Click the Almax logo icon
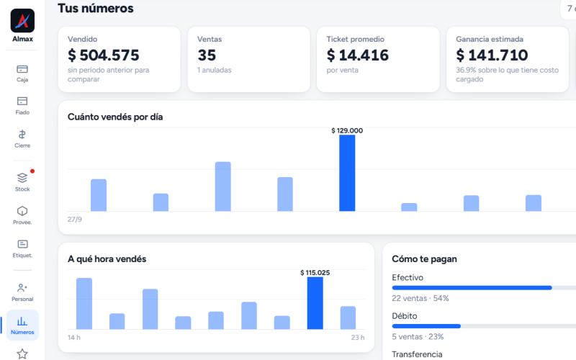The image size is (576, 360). [x=22, y=21]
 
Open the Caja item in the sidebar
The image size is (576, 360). [x=22, y=73]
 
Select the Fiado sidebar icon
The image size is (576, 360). [x=22, y=105]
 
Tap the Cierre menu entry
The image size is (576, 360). [x=22, y=139]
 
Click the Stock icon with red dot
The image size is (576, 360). [x=22, y=181]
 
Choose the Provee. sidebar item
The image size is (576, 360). [x=22, y=215]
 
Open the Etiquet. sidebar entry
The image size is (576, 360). [x=22, y=248]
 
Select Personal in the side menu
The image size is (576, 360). [x=22, y=292]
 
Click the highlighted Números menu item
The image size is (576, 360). [x=22, y=325]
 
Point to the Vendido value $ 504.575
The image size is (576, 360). [x=104, y=55]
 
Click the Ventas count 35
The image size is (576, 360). [x=207, y=55]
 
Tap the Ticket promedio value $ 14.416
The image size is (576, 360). [x=357, y=55]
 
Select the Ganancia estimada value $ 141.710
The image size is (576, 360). [x=492, y=55]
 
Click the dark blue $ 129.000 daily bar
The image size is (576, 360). [x=347, y=173]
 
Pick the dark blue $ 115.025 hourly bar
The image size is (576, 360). [x=315, y=303]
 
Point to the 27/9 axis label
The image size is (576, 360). [x=75, y=220]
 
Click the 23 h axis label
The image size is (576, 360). [x=358, y=337]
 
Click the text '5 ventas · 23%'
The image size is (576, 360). [x=418, y=336]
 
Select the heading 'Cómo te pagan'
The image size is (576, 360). [x=424, y=259]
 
